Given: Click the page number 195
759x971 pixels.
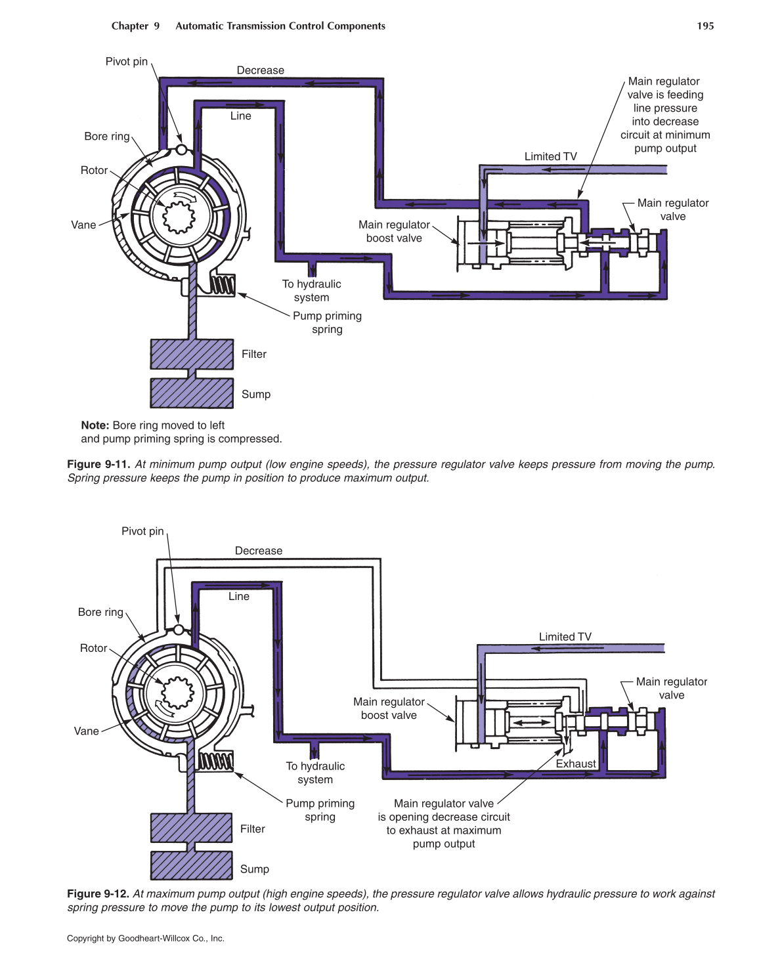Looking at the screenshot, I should [x=705, y=26].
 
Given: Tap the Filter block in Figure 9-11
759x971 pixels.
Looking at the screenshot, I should [x=192, y=355].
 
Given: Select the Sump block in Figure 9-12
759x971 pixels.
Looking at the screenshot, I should [x=192, y=865].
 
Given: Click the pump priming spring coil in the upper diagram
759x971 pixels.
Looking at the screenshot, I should [x=222, y=286].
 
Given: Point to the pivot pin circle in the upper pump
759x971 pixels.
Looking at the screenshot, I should [x=181, y=149].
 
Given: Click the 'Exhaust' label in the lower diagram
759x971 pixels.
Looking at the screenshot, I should [x=576, y=764].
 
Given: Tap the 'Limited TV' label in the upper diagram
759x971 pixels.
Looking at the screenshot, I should [x=550, y=156].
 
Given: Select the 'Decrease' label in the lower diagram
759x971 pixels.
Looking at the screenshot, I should [x=259, y=551].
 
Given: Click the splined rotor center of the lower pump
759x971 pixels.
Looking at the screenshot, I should [x=175, y=693].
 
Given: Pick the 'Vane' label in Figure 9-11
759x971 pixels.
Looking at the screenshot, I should [x=83, y=225].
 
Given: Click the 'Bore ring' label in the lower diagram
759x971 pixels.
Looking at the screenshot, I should [x=100, y=612].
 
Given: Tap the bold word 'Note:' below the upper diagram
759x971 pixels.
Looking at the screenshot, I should [x=95, y=425].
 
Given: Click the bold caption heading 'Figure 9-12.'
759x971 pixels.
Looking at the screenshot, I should [x=98, y=894].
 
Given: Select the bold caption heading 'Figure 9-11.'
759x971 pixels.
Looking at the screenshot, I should [x=98, y=464].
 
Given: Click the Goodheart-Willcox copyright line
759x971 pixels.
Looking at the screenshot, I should [x=146, y=938].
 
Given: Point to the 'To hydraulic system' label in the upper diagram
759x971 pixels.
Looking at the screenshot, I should [x=312, y=291].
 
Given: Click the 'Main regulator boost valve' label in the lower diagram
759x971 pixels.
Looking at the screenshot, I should [x=389, y=708].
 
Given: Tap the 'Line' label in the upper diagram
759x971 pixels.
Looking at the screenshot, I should [x=240, y=116].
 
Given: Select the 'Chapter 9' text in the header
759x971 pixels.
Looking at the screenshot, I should [x=135, y=26].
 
